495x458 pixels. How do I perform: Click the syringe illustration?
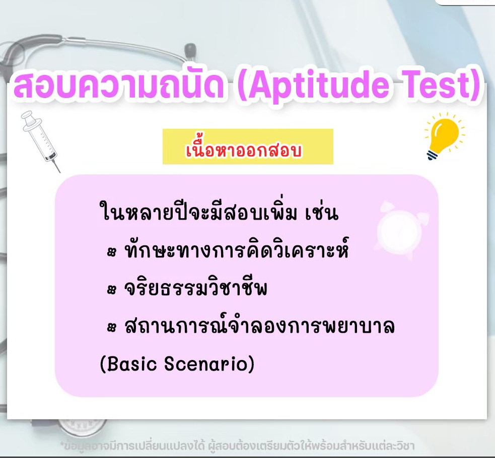coord(40,141)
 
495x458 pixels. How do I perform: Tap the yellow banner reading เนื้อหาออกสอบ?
coord(248,147)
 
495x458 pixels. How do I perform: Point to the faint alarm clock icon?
coord(401,229)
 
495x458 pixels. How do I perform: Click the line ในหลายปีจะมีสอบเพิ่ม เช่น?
coord(219,211)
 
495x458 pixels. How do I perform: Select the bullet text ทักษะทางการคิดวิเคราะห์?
coord(236,249)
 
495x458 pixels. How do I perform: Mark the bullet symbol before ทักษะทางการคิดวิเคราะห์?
coord(111,252)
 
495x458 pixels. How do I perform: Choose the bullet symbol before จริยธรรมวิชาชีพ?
coord(111,290)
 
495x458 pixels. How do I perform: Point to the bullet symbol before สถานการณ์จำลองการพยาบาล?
coord(111,327)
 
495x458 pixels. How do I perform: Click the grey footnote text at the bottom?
coord(237,446)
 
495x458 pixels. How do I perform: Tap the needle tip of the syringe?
coord(59,172)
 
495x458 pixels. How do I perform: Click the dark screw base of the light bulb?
coord(432,155)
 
